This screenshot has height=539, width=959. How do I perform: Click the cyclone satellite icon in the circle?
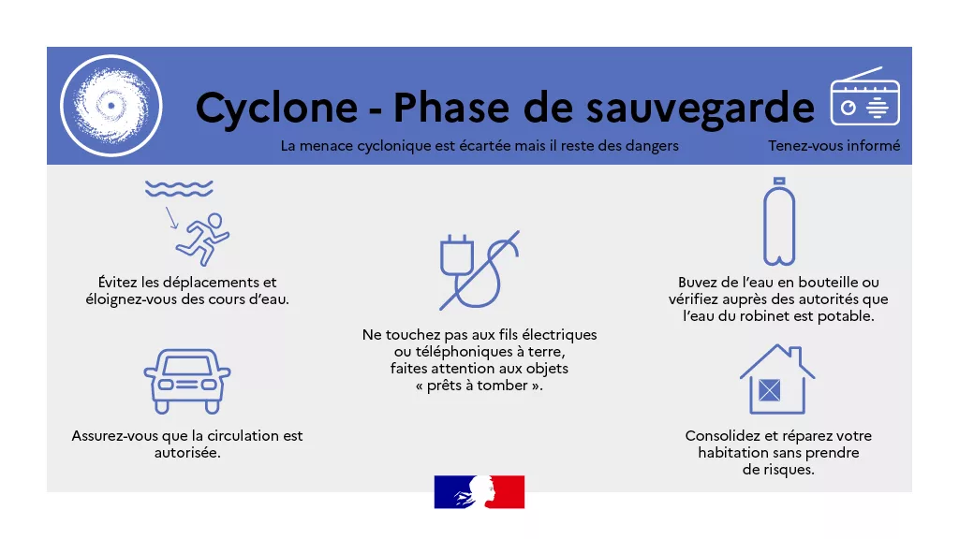(x=111, y=106)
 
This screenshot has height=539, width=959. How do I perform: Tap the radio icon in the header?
(x=864, y=96)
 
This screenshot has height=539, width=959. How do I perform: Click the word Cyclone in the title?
(x=276, y=109)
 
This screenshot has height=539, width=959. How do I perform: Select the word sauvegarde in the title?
(x=701, y=109)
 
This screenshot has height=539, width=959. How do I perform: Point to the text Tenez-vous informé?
(x=834, y=145)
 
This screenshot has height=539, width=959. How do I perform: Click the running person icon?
(x=202, y=239)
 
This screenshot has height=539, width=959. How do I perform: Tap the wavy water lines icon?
(x=179, y=188)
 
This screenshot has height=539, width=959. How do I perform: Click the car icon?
(x=187, y=382)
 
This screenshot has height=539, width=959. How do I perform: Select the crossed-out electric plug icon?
(x=479, y=270)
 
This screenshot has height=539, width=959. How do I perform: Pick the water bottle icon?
(x=779, y=221)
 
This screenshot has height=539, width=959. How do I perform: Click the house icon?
(x=777, y=379)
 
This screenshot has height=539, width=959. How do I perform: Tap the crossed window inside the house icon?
(x=770, y=390)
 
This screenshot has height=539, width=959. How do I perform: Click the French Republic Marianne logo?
(x=479, y=492)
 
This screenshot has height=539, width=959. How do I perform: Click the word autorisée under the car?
(x=186, y=453)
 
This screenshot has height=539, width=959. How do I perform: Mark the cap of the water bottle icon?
(x=779, y=181)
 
